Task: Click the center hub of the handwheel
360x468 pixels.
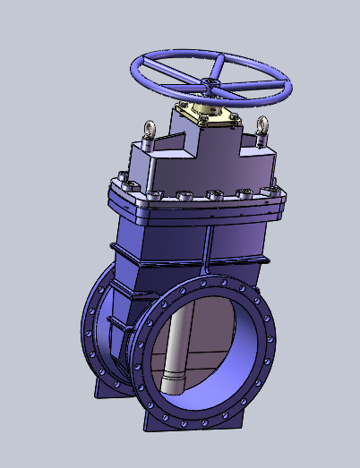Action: [x=212, y=85]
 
